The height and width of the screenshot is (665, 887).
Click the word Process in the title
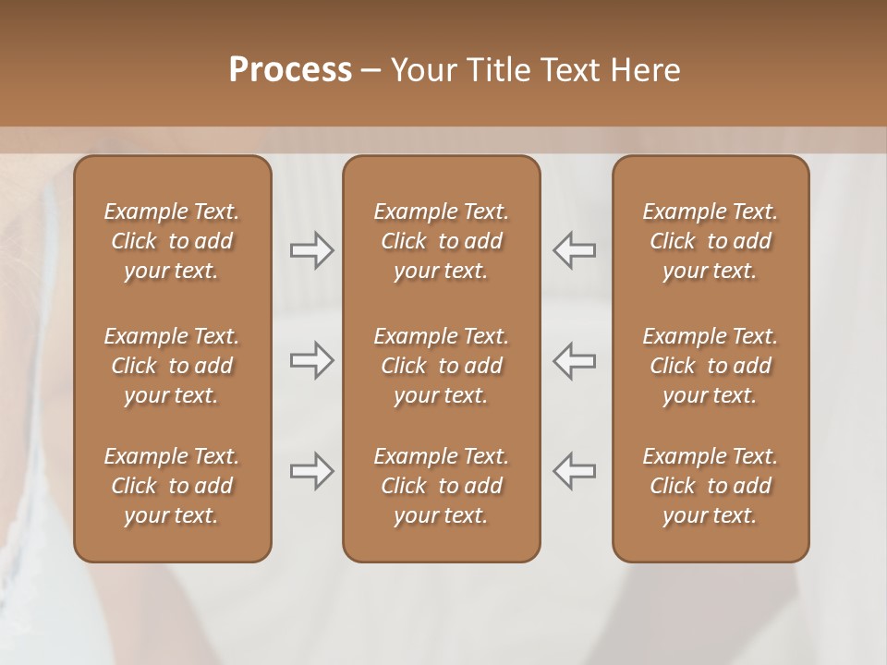[290, 69]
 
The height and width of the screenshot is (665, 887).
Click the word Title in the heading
[491, 69]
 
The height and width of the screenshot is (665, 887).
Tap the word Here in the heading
[644, 69]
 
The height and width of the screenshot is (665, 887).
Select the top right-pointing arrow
[311, 250]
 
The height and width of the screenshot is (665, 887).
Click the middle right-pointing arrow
[311, 360]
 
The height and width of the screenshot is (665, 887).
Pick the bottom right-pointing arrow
[311, 471]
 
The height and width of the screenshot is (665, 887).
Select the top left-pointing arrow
[574, 250]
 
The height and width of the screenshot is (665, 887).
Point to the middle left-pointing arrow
[574, 360]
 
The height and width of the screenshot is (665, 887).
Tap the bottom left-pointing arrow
[574, 471]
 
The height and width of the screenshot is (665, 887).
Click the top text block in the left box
[172, 241]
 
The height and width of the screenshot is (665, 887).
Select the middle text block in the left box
[172, 366]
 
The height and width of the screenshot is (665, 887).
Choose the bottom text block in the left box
[172, 486]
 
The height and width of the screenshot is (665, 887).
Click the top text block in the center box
[441, 241]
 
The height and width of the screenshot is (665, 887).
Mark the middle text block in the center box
[441, 366]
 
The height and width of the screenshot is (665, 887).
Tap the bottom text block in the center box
[441, 486]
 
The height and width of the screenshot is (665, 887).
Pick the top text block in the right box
[710, 241]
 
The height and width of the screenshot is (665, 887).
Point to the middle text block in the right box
[710, 366]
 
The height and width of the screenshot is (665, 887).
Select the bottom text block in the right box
[710, 486]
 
